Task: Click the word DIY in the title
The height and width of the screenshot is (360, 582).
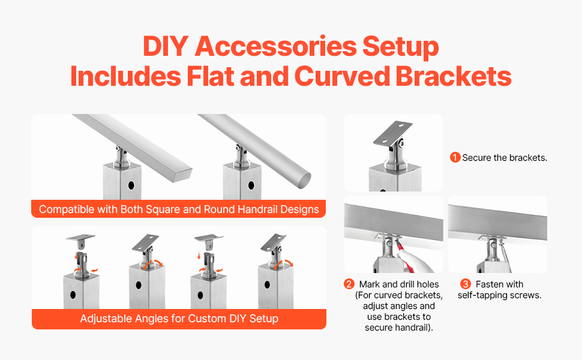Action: point(166,46)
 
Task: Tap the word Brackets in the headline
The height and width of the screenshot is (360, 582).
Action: point(453,76)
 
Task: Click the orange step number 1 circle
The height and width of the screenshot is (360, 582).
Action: point(455,157)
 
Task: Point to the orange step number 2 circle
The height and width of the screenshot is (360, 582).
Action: point(349,284)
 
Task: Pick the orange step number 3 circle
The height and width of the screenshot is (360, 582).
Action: point(466,284)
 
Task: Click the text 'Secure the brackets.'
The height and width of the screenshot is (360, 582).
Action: point(505,158)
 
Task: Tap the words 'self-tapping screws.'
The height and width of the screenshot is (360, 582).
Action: point(500,295)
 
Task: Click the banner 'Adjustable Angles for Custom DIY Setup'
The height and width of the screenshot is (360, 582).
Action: point(179,319)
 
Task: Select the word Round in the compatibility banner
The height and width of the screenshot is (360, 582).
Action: point(223,209)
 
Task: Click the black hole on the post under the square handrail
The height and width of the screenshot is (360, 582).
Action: point(131,185)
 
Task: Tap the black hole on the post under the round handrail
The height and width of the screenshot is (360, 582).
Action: point(251,185)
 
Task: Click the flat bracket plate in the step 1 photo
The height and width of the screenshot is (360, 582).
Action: point(392,133)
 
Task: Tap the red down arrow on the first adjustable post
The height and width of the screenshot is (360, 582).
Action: point(76,256)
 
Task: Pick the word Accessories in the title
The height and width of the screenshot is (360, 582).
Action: point(275,46)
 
